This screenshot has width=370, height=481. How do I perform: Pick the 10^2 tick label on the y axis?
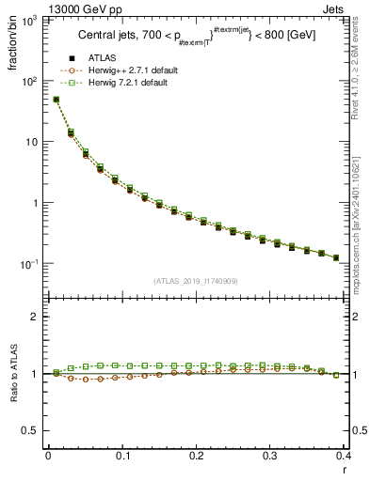tap(30, 82)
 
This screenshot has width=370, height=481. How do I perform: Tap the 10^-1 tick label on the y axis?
tap(28, 264)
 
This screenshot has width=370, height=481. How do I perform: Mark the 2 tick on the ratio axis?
tap(36, 317)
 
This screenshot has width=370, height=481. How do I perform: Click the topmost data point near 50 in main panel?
tap(56, 100)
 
